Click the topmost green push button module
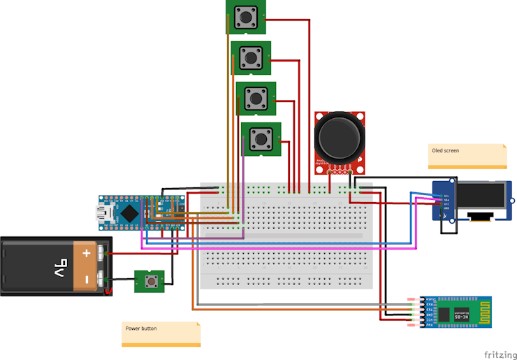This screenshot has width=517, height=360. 246,16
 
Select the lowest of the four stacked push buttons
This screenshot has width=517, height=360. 261,140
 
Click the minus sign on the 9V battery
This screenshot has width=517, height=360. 87,279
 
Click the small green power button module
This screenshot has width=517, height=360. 149,281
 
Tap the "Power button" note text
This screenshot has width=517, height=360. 141,328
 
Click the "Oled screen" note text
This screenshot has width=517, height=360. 446,150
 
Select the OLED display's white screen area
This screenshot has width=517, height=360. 479,196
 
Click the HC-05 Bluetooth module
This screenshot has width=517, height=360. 458,312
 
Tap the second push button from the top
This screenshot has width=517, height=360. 251,57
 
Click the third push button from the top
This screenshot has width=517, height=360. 256,98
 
